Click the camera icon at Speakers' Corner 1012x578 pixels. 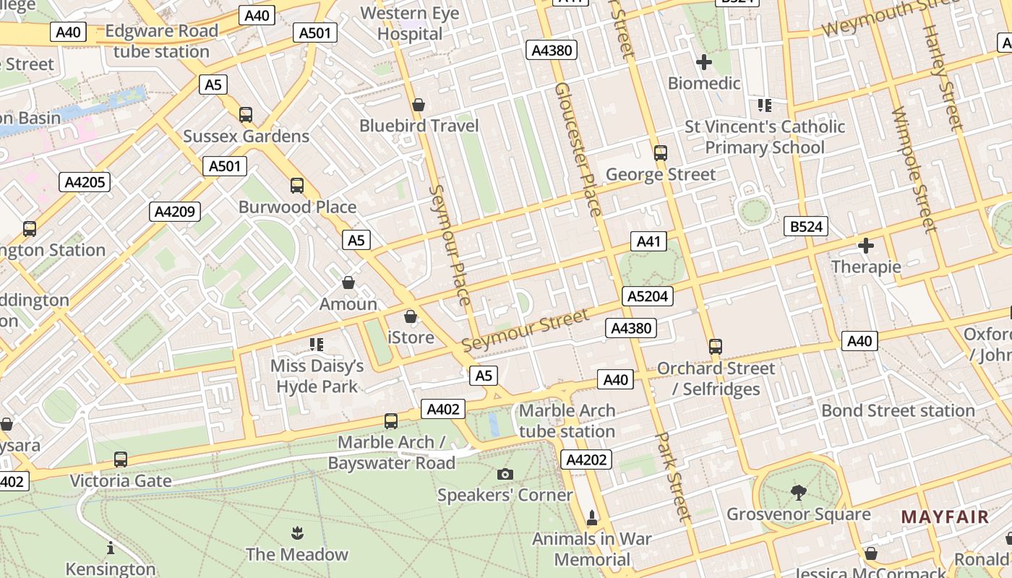pos(505,474)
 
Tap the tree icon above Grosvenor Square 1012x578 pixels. pos(799,493)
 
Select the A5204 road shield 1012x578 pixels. pos(648,296)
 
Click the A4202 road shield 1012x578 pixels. pos(587,459)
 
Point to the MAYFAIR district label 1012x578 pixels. pos(945,517)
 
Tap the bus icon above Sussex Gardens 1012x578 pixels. pos(246,114)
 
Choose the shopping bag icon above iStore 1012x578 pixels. pos(411,316)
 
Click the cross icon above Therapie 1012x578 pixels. pos(865,246)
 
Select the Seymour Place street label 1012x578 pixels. pos(450,246)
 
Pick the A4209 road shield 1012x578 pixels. pos(174,212)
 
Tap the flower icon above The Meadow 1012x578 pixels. pos(296,534)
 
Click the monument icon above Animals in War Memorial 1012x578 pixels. pos(592,517)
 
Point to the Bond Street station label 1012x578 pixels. pos(898,410)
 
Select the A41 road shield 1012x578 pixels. pos(648,241)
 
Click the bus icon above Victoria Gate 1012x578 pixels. pos(121,460)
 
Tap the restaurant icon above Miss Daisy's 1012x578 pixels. pos(317,345)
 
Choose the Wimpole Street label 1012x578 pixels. pos(914,170)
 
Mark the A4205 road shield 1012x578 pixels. pos(85,182)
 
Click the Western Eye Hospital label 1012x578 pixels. pos(409,23)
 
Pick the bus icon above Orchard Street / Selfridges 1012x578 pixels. pos(715,347)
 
